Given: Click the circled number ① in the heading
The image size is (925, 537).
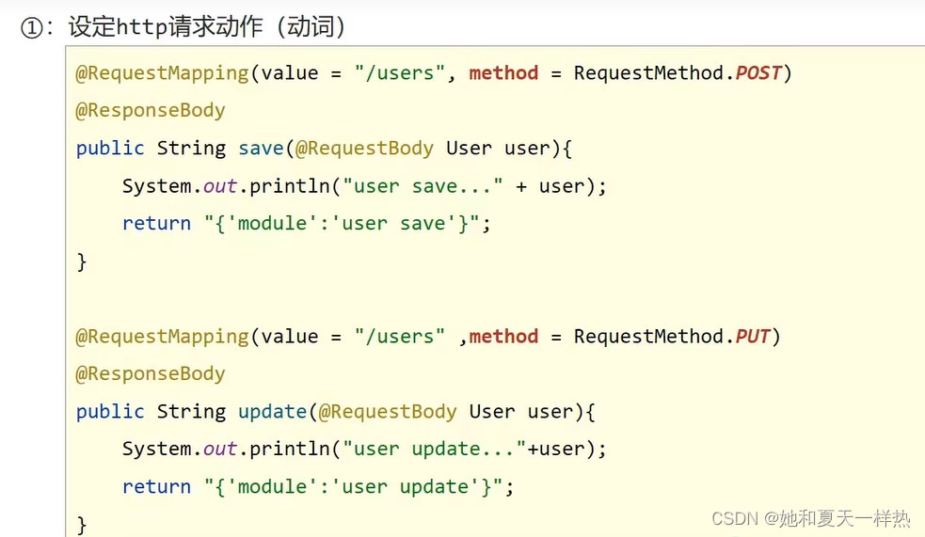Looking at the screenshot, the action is pyautogui.click(x=31, y=27).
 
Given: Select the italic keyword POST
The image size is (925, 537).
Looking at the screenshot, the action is pyautogui.click(x=758, y=72).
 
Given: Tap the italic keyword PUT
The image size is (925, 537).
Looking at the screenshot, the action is pyautogui.click(x=753, y=336).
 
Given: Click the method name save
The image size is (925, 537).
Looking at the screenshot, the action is pyautogui.click(x=261, y=148).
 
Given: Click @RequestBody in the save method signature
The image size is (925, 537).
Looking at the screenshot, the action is pyautogui.click(x=364, y=148).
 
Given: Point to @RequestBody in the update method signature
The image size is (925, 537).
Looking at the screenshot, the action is pyautogui.click(x=387, y=411).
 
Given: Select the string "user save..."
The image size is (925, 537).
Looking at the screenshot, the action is pyautogui.click(x=423, y=185).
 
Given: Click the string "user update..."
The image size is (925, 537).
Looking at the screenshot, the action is pyautogui.click(x=434, y=449).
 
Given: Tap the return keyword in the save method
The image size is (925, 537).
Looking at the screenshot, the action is pyautogui.click(x=156, y=223).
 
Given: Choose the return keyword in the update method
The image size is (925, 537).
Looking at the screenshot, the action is pyautogui.click(x=156, y=486).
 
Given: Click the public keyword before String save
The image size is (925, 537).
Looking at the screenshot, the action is pyautogui.click(x=110, y=148).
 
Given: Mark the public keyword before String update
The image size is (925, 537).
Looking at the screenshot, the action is pyautogui.click(x=110, y=411).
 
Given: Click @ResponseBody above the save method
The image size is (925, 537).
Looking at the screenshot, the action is pyautogui.click(x=151, y=110).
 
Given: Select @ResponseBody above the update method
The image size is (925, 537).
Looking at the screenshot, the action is pyautogui.click(x=151, y=373).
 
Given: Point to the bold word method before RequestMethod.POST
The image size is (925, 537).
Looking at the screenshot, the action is pyautogui.click(x=503, y=72).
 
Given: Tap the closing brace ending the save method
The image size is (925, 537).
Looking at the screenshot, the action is pyautogui.click(x=82, y=261).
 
